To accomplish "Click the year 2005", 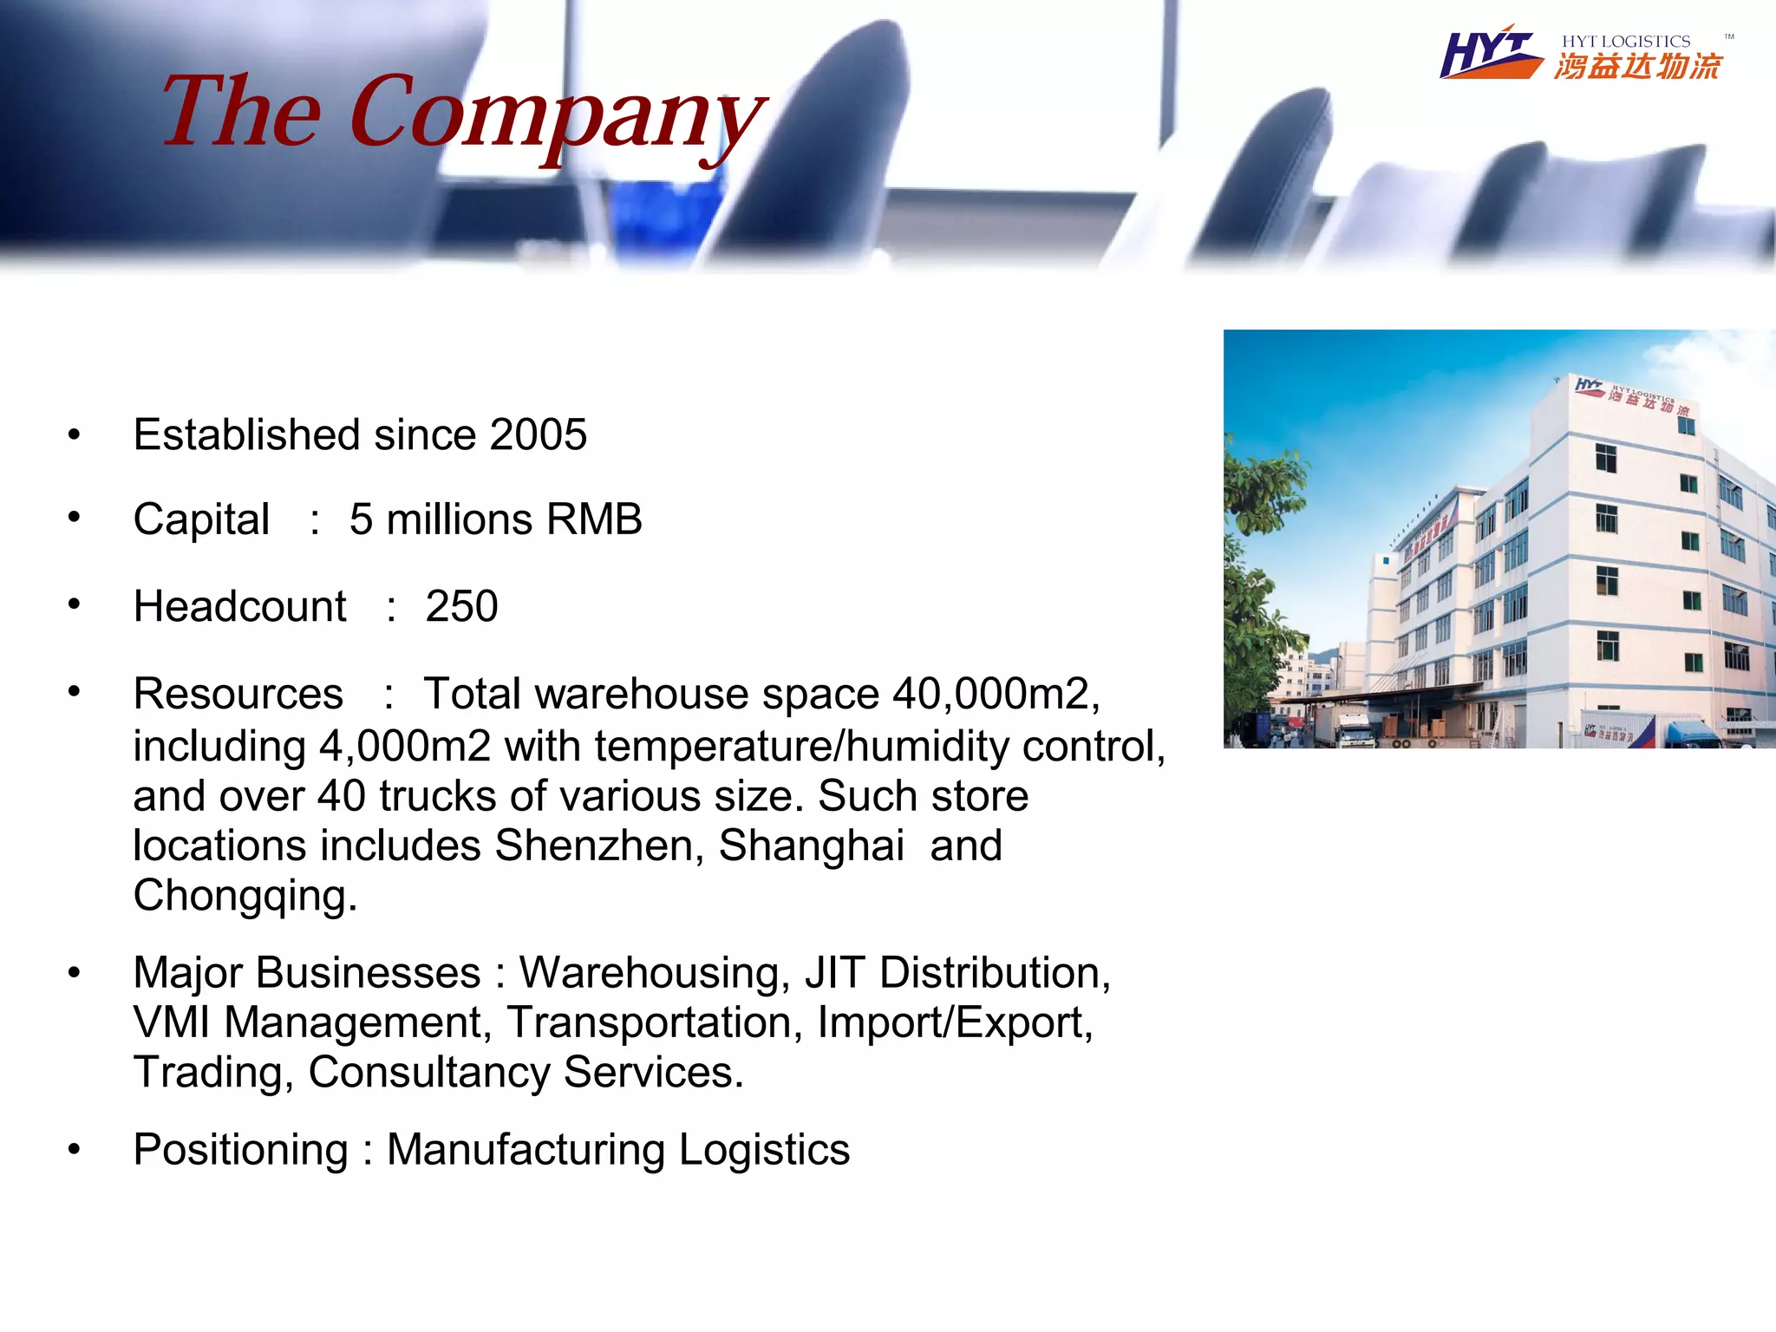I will [x=538, y=434].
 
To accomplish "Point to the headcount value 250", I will [x=461, y=606].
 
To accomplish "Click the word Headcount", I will [x=239, y=606].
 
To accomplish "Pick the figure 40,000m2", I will [x=996, y=694].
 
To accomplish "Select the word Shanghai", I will [x=811, y=846].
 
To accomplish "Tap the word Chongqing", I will [x=245, y=896].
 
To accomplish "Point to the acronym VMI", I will [x=172, y=1022].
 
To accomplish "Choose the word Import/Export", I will [x=955, y=1022].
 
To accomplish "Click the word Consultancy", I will [x=428, y=1073].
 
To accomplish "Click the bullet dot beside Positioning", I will [x=75, y=1150].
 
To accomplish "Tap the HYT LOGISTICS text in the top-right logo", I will [x=1626, y=42].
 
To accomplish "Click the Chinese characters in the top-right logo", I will [x=1637, y=67].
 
